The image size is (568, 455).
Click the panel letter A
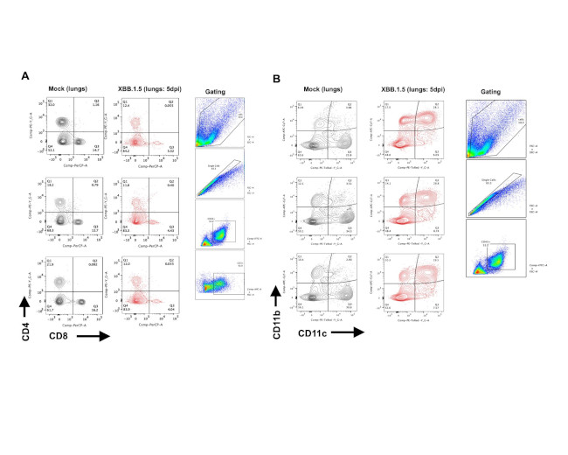(26, 76)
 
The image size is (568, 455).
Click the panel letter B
(277, 78)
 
